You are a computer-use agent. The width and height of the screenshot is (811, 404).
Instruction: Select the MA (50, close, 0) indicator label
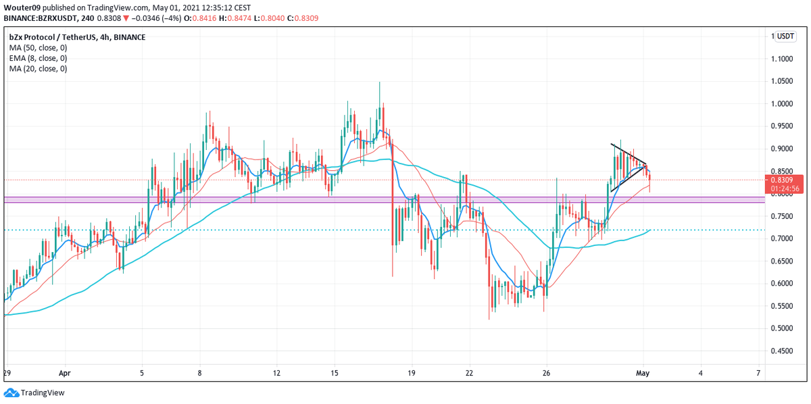[38, 48]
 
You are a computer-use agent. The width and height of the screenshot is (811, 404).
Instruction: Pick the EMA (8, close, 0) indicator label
[38, 58]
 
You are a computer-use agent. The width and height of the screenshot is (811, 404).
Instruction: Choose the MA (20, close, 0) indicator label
[38, 68]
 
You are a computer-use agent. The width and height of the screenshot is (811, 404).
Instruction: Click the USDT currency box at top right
[785, 36]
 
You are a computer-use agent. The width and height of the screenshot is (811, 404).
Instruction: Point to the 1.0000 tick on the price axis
[785, 104]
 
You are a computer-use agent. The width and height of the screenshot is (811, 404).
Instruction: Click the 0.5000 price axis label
[785, 328]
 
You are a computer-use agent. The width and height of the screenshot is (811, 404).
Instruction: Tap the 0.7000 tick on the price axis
[785, 238]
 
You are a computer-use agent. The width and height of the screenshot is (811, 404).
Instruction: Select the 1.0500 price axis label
[785, 82]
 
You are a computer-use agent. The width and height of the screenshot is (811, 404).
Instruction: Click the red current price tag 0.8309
[785, 180]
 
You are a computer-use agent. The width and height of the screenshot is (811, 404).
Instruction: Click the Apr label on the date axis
[64, 372]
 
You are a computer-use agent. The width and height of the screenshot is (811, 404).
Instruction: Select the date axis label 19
[412, 372]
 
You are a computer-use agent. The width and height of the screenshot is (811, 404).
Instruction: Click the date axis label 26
[547, 372]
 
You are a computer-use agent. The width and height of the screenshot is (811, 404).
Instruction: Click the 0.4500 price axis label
[785, 351]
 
